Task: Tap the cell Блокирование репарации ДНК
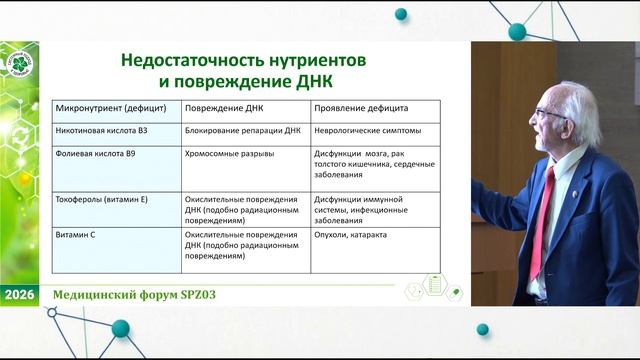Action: pos(242,131)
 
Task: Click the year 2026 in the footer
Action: pos(19,296)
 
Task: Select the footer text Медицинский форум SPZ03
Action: pos(134,297)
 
